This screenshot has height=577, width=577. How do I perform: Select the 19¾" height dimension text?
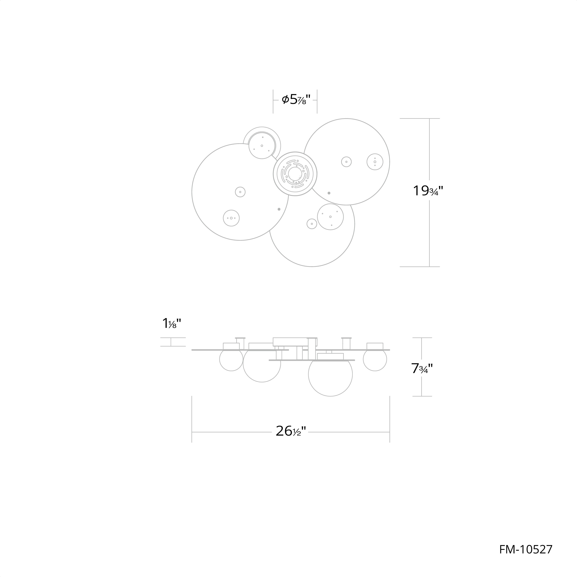(x=428, y=191)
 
